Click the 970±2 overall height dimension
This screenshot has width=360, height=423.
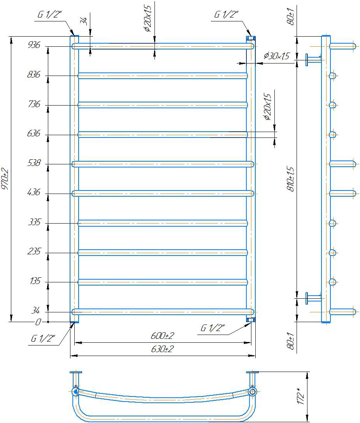pyautogui.click(x=5, y=179)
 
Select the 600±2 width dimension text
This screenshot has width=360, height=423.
pyautogui.click(x=162, y=336)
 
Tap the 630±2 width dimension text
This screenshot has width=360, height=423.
pyautogui.click(x=162, y=349)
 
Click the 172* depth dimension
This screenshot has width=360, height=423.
pyautogui.click(x=301, y=396)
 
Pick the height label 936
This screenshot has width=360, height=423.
pyautogui.click(x=34, y=45)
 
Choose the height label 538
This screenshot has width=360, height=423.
pyautogui.click(x=34, y=163)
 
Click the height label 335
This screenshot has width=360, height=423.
pyautogui.click(x=35, y=222)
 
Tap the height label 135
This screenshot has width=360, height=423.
pyautogui.click(x=35, y=281)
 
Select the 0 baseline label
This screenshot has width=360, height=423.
pyautogui.click(x=38, y=322)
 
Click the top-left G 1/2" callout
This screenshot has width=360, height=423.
pyautogui.click(x=50, y=14)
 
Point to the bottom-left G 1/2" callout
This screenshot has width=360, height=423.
pyautogui.click(x=43, y=338)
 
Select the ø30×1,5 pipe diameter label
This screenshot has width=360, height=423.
pyautogui.click(x=276, y=56)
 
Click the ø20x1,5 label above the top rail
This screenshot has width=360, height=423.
pyautogui.click(x=148, y=18)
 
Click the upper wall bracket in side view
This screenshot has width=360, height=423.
pyautogui.click(x=314, y=60)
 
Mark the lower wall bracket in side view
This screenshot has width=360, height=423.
pyautogui.click(x=314, y=298)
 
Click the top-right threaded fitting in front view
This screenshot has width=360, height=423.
pyautogui.click(x=251, y=38)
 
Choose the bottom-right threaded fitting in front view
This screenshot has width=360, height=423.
pyautogui.click(x=251, y=320)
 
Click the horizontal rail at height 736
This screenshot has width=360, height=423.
pyautogui.click(x=163, y=105)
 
